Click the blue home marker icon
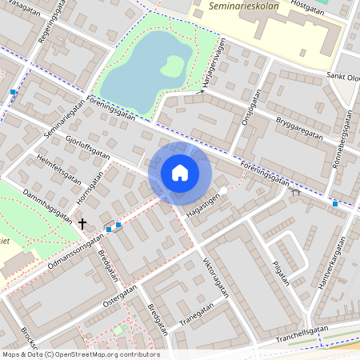[x=180, y=172]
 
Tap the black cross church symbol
[x=82, y=223]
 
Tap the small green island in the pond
[x=171, y=66]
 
